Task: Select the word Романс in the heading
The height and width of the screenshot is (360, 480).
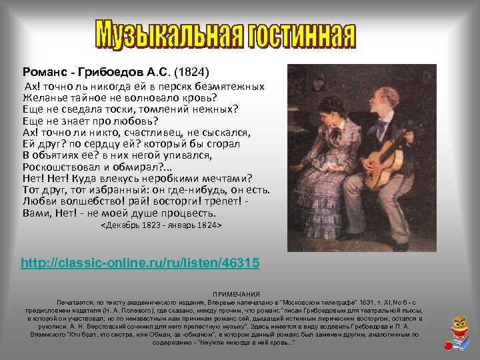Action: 44,71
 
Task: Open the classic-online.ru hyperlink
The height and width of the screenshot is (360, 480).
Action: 140,263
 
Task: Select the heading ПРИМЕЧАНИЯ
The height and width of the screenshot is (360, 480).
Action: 237,294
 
